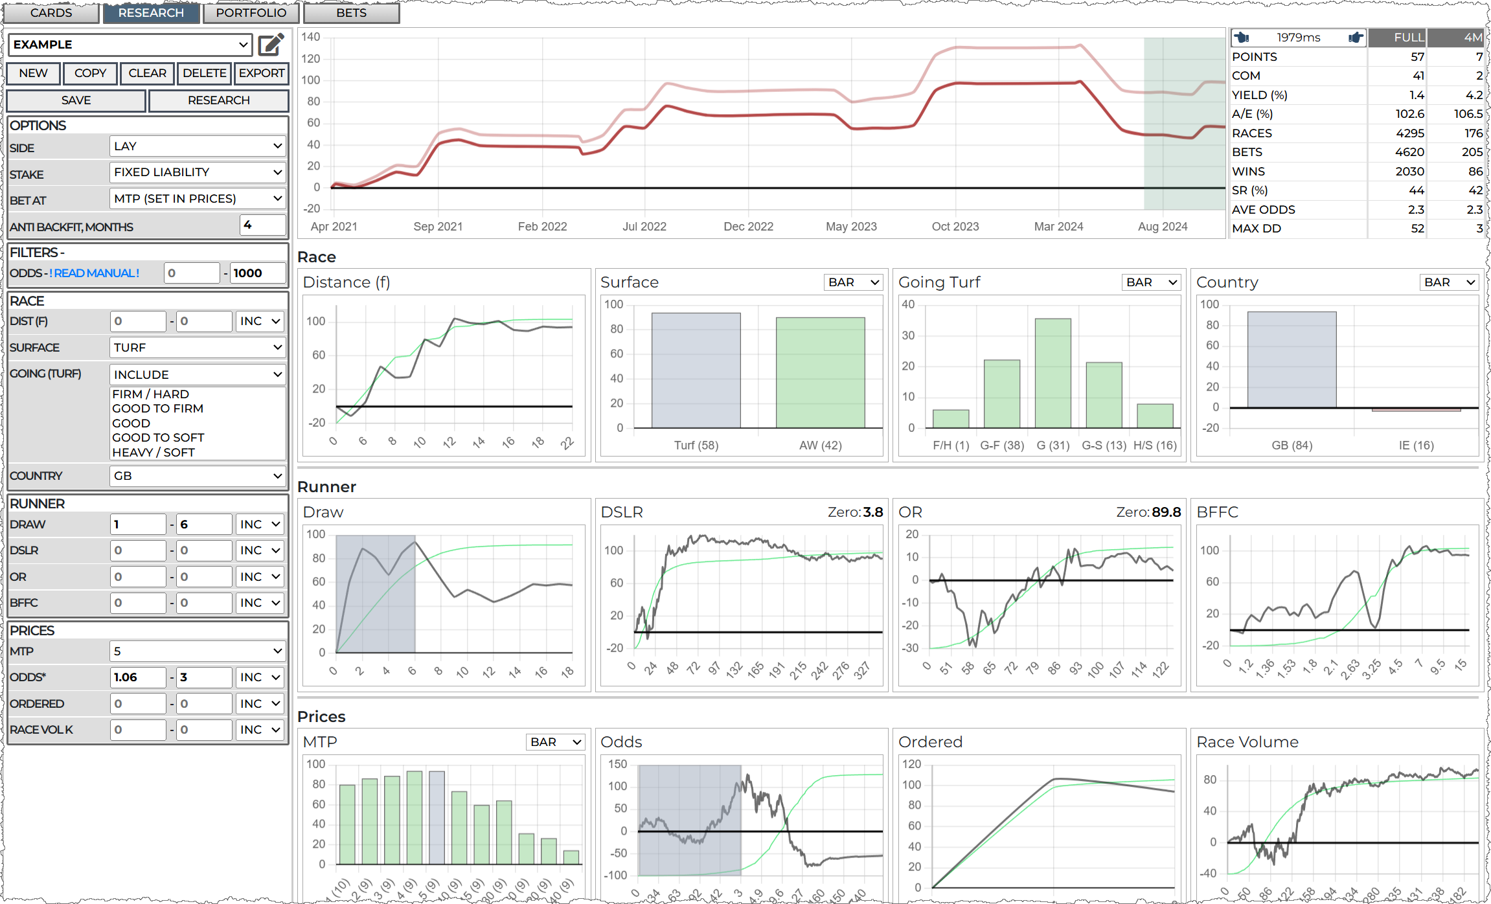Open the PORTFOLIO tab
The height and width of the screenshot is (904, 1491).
pos(251,13)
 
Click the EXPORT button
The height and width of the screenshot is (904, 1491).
pos(261,73)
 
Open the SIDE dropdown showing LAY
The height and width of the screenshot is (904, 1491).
pos(198,146)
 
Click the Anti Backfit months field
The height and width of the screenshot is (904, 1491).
pos(262,225)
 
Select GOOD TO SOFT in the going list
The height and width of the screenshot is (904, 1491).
pos(158,438)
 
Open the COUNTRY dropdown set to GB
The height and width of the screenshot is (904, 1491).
pos(198,476)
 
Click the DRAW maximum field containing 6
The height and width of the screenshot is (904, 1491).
pos(203,525)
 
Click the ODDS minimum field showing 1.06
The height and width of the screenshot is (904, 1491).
pos(137,677)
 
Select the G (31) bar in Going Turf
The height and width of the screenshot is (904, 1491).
pos(1053,373)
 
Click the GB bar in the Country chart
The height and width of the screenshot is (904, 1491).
pos(1292,360)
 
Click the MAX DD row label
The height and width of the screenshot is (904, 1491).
pos(1256,229)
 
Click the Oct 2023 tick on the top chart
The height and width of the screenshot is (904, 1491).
pos(955,227)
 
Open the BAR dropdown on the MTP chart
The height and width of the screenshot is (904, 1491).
pos(556,742)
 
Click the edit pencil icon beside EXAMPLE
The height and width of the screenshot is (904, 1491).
pos(271,45)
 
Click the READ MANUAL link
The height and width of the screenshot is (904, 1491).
pos(97,273)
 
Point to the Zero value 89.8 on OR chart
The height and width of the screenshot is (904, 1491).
pos(1166,512)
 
